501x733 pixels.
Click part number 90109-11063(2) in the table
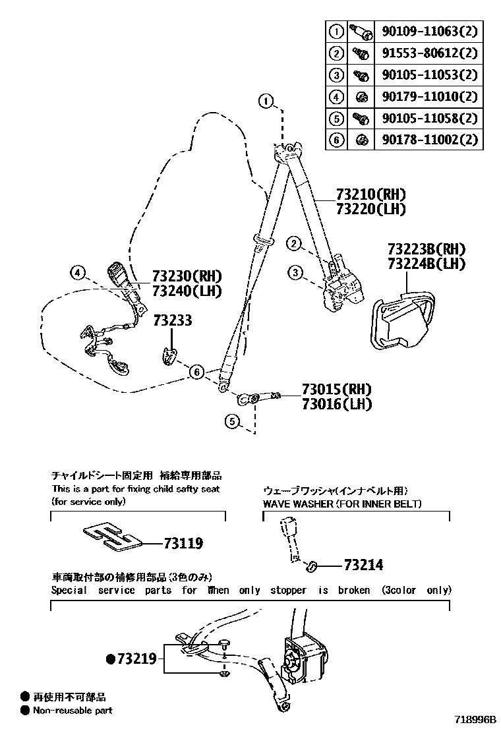pos(428,31)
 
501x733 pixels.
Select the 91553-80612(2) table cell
pos(428,53)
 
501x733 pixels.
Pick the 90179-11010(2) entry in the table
pos(428,96)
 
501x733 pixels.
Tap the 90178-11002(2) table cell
pos(428,140)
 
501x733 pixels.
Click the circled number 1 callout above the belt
pos(265,101)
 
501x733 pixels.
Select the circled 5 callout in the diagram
pos(231,419)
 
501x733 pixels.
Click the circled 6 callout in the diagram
pos(196,372)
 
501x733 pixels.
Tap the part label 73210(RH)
pos(370,194)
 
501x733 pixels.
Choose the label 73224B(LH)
pos(426,264)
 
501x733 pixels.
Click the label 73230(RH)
pos(187,276)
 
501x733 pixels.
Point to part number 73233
pos(173,320)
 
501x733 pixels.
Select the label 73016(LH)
pos(337,403)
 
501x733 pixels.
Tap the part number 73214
pos(363,565)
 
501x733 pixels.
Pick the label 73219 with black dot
pos(132,658)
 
